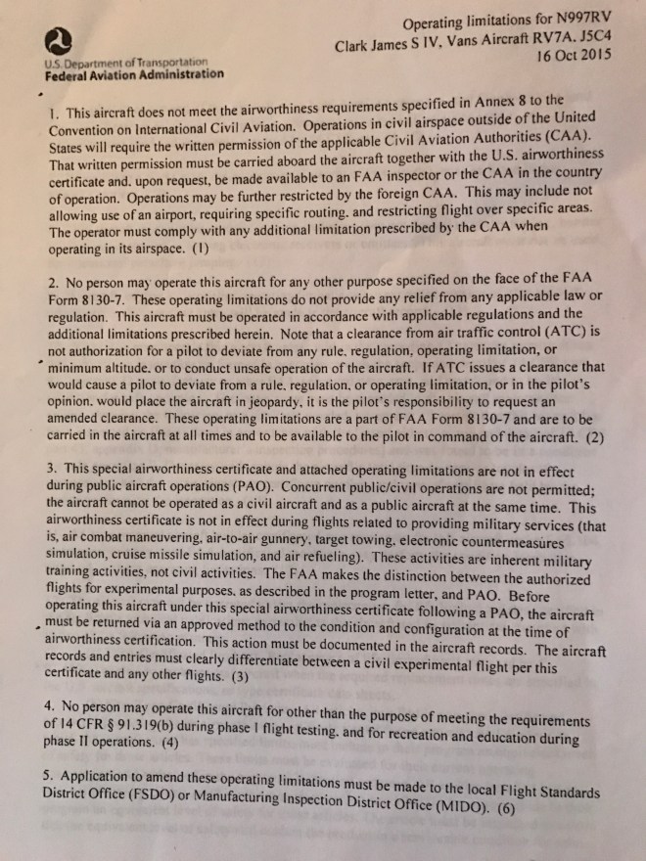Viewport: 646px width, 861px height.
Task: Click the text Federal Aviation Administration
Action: pos(134,73)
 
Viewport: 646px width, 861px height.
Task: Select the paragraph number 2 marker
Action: pos(51,282)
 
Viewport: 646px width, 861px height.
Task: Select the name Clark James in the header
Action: pos(377,44)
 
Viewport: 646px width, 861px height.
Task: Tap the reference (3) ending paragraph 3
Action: pos(239,675)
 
